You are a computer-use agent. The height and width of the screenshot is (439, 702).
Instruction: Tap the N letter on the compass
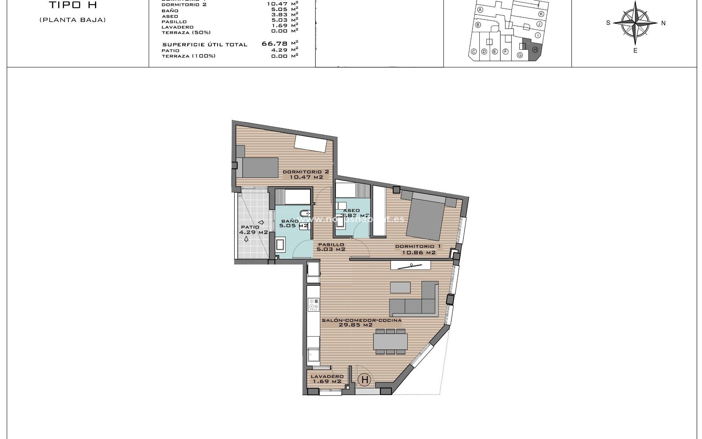coord(663,23)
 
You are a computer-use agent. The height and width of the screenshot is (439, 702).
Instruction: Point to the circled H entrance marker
coord(365,380)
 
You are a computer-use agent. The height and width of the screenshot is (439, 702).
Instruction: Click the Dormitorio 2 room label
coord(306,172)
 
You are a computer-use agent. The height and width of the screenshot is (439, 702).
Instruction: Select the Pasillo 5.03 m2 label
coord(331,247)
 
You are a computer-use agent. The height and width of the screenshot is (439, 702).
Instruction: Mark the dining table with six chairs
coord(390,341)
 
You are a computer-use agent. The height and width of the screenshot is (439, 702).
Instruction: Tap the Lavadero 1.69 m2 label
coord(327,379)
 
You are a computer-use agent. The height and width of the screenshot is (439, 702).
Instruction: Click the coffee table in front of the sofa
coord(400,287)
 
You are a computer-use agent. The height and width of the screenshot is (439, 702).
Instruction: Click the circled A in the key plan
coord(480,10)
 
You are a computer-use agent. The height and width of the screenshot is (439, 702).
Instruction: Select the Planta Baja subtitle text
coord(72,20)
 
